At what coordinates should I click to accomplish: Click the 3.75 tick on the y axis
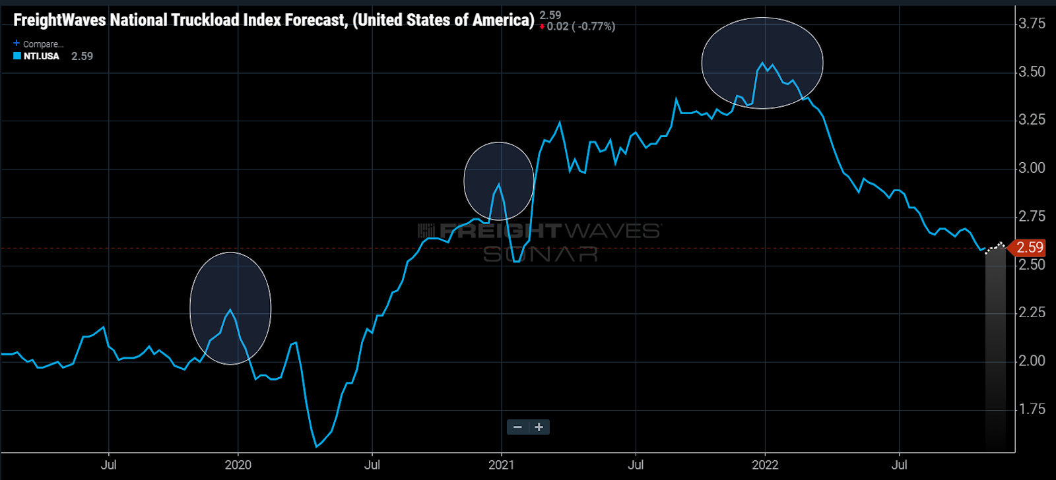coord(1032,24)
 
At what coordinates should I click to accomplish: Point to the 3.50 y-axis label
coord(1032,72)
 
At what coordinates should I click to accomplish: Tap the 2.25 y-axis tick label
coord(1032,313)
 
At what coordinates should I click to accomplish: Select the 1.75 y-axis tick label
coord(1032,409)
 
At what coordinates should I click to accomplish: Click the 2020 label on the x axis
coord(238,465)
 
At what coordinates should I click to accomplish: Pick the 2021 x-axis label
coord(502,465)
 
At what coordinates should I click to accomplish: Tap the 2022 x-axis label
coord(765,465)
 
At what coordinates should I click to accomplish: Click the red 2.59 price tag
coord(1029,248)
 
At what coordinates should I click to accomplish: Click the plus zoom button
coord(539,427)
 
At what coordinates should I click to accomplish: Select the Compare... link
coord(43,44)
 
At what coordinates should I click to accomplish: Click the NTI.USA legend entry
coord(41,57)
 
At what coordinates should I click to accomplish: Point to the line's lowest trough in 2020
coord(316,446)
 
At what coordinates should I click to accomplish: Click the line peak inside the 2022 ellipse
coord(763,63)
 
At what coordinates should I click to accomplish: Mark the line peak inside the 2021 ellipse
coord(499,184)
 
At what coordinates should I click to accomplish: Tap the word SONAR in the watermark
coord(541,255)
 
